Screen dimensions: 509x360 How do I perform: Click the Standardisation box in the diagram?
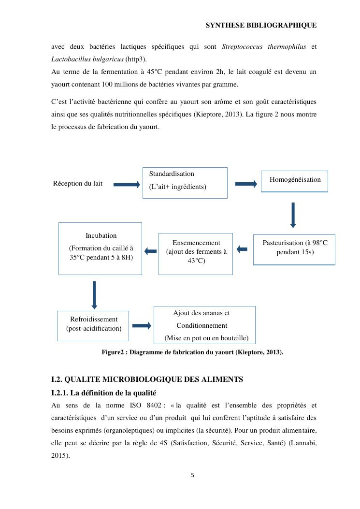tap(185, 183)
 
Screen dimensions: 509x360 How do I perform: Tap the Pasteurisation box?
tap(294, 249)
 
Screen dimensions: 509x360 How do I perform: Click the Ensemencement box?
tap(196, 253)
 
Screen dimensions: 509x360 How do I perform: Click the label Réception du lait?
tap(78, 184)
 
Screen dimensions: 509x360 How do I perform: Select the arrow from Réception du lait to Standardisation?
tap(126, 184)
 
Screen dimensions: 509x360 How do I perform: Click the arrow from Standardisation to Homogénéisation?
tap(245, 184)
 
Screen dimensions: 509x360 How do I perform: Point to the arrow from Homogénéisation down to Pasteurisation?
tap(293, 214)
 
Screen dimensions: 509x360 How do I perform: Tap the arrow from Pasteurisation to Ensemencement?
tap(242, 249)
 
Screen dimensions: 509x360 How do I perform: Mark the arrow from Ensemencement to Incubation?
tap(151, 251)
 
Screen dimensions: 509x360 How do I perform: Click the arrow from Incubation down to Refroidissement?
tap(94, 295)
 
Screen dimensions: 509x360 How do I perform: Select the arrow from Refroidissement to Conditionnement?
tap(142, 326)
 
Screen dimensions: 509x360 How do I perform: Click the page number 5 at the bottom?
tap(192, 475)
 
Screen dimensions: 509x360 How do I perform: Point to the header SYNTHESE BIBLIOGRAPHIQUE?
tap(261, 25)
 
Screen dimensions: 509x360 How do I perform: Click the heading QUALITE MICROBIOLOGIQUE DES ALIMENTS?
tap(147, 379)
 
